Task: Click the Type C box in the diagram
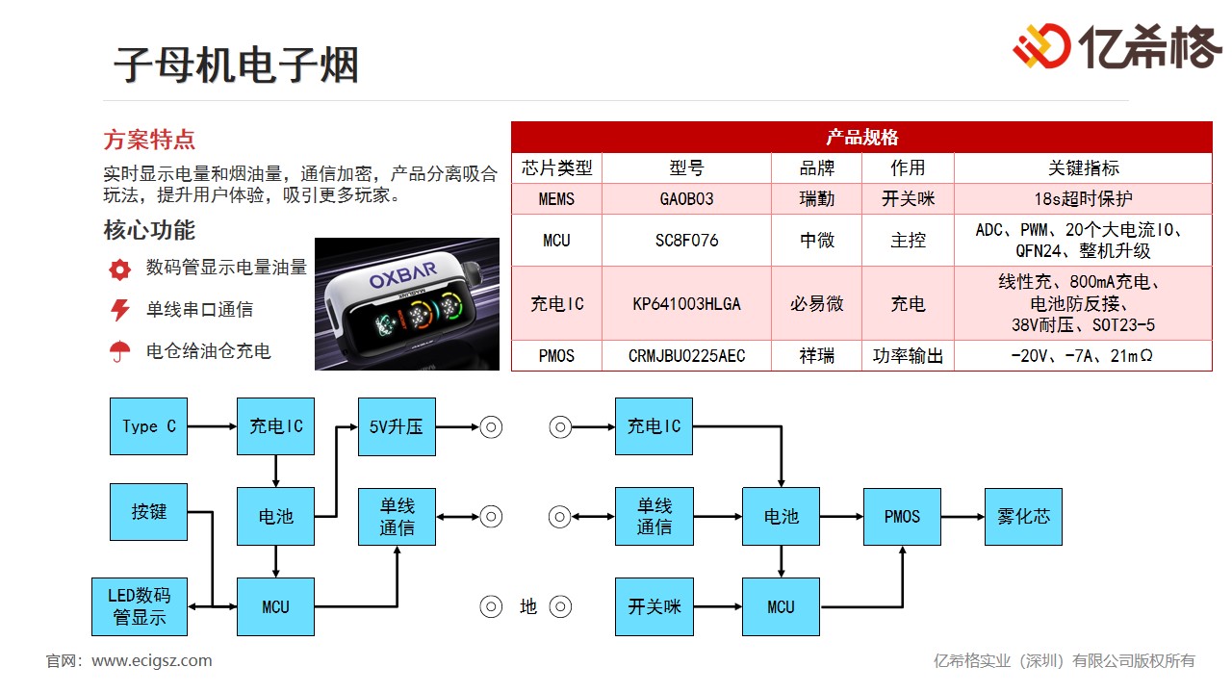(149, 426)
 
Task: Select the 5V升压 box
(397, 426)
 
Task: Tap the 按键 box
(149, 512)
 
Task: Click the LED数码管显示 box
(141, 606)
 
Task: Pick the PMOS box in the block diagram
(902, 517)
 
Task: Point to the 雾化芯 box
(1023, 517)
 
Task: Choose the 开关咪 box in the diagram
(654, 606)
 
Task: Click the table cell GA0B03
(686, 199)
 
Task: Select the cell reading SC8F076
(686, 241)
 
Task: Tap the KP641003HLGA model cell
(686, 304)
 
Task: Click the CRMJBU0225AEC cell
(686, 356)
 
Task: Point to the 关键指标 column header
(1083, 168)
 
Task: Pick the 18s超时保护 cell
(1083, 199)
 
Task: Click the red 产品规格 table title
(861, 138)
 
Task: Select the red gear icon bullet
(119, 269)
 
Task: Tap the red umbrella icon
(119, 352)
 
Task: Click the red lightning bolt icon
(119, 310)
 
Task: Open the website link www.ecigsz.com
(152, 660)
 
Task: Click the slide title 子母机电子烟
(237, 65)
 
